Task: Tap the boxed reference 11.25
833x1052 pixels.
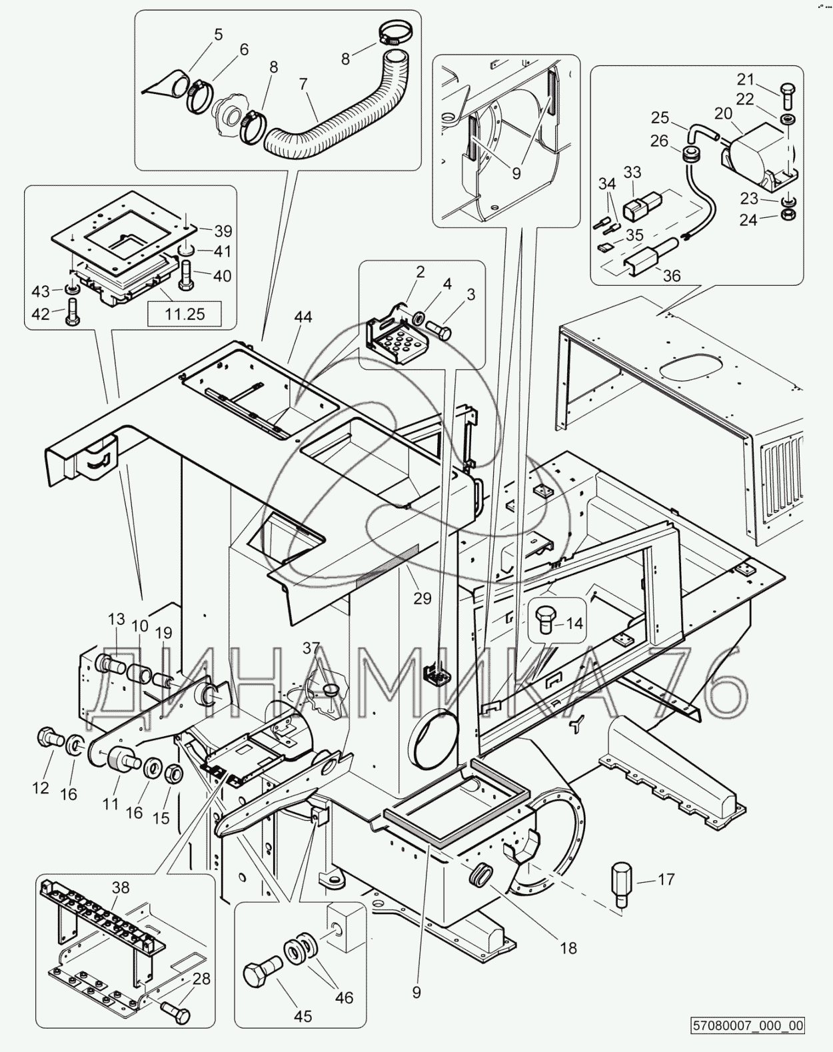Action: pyautogui.click(x=185, y=312)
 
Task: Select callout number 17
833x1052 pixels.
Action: pyautogui.click(x=666, y=879)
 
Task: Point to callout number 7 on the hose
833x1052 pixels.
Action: pyautogui.click(x=303, y=85)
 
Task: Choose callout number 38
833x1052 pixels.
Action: pyautogui.click(x=121, y=887)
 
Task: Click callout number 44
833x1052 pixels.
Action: pyautogui.click(x=303, y=318)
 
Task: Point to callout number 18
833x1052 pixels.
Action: pyautogui.click(x=568, y=947)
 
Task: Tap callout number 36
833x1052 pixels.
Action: pyautogui.click(x=672, y=274)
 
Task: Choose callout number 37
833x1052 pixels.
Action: pyautogui.click(x=311, y=648)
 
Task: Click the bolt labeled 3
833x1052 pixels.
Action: pyautogui.click(x=439, y=329)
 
